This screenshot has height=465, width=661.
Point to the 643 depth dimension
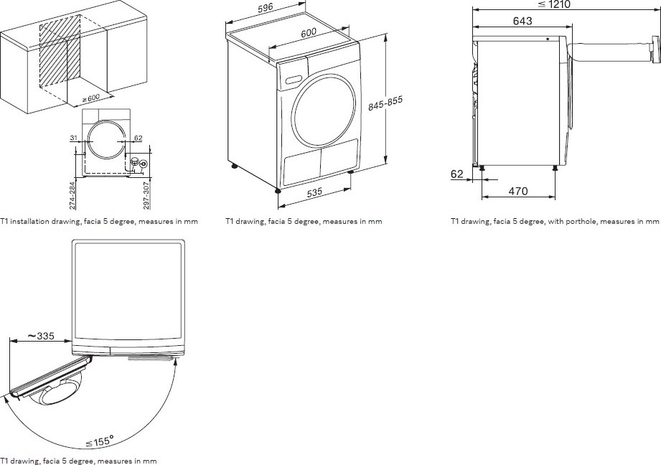pos(522,22)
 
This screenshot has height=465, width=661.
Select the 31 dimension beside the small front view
pos(74,138)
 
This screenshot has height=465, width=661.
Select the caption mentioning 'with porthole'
pos(554,221)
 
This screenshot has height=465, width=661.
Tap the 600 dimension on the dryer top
pos(309,32)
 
